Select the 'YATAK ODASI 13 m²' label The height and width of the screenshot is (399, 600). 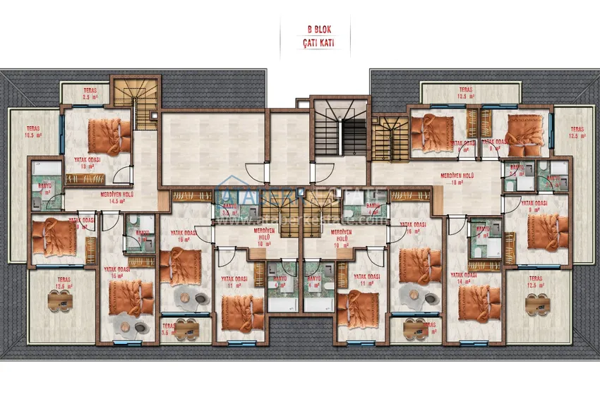pyautogui.click(x=88, y=163)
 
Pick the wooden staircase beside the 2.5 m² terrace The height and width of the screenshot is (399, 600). pyautogui.click(x=136, y=104)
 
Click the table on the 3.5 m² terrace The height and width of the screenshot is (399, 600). pyautogui.click(x=184, y=327)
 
